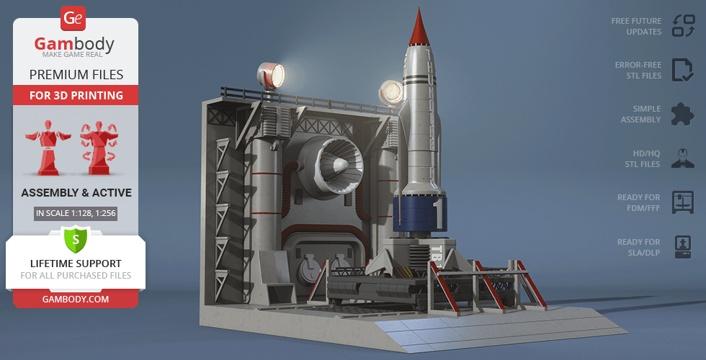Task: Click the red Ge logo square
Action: [73, 19]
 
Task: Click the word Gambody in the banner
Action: [74, 44]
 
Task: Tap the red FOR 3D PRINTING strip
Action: [76, 95]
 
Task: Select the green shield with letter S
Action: [76, 239]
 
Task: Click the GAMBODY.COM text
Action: [76, 300]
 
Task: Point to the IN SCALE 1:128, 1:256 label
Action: [76, 213]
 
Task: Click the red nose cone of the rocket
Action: [419, 28]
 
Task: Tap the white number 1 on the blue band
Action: [439, 215]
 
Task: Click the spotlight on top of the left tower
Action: [271, 76]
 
